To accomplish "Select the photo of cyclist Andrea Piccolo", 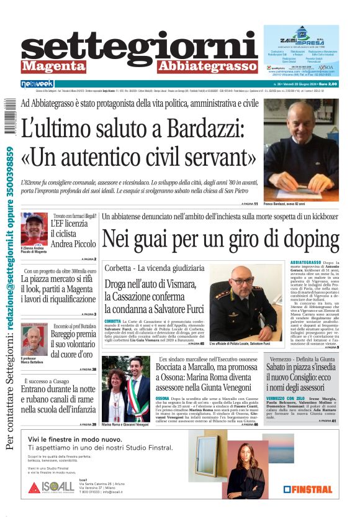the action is pyautogui.click(x=34, y=229).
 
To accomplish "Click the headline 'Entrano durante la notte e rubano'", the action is pyautogui.click(x=58, y=399).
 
